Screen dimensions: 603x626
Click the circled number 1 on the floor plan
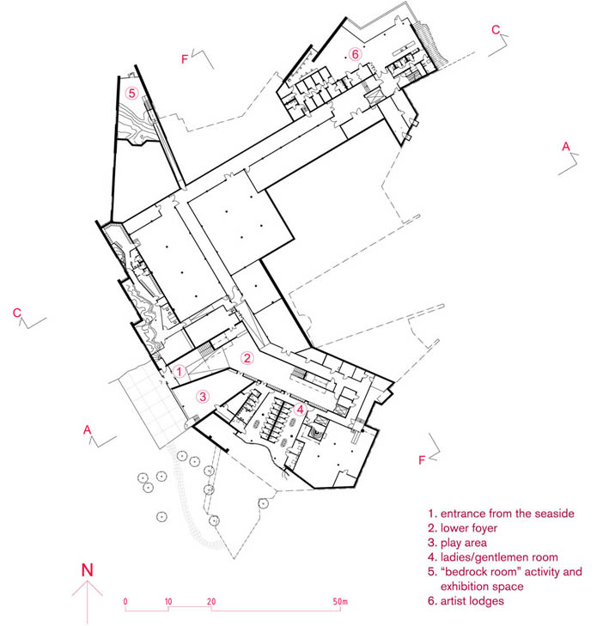click(180, 372)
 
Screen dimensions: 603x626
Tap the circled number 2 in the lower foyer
click(247, 358)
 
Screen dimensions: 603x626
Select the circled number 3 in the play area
click(203, 397)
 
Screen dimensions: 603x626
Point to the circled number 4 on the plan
click(300, 410)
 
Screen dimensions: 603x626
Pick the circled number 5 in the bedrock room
click(131, 94)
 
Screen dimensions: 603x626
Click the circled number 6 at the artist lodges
click(355, 53)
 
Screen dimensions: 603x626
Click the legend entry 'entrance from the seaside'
click(507, 514)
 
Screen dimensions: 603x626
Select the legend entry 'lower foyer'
click(469, 528)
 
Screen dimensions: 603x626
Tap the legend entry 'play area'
click(464, 543)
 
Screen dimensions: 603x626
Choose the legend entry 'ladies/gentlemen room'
click(499, 557)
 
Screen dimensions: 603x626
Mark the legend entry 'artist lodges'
click(472, 601)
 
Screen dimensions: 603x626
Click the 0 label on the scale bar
click(125, 601)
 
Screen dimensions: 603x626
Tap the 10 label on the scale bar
click(168, 601)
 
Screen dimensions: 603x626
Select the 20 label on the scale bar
click(211, 601)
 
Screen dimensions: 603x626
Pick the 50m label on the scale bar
click(340, 601)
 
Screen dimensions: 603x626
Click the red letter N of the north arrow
click(87, 569)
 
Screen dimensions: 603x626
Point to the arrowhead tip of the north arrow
click(87, 580)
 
